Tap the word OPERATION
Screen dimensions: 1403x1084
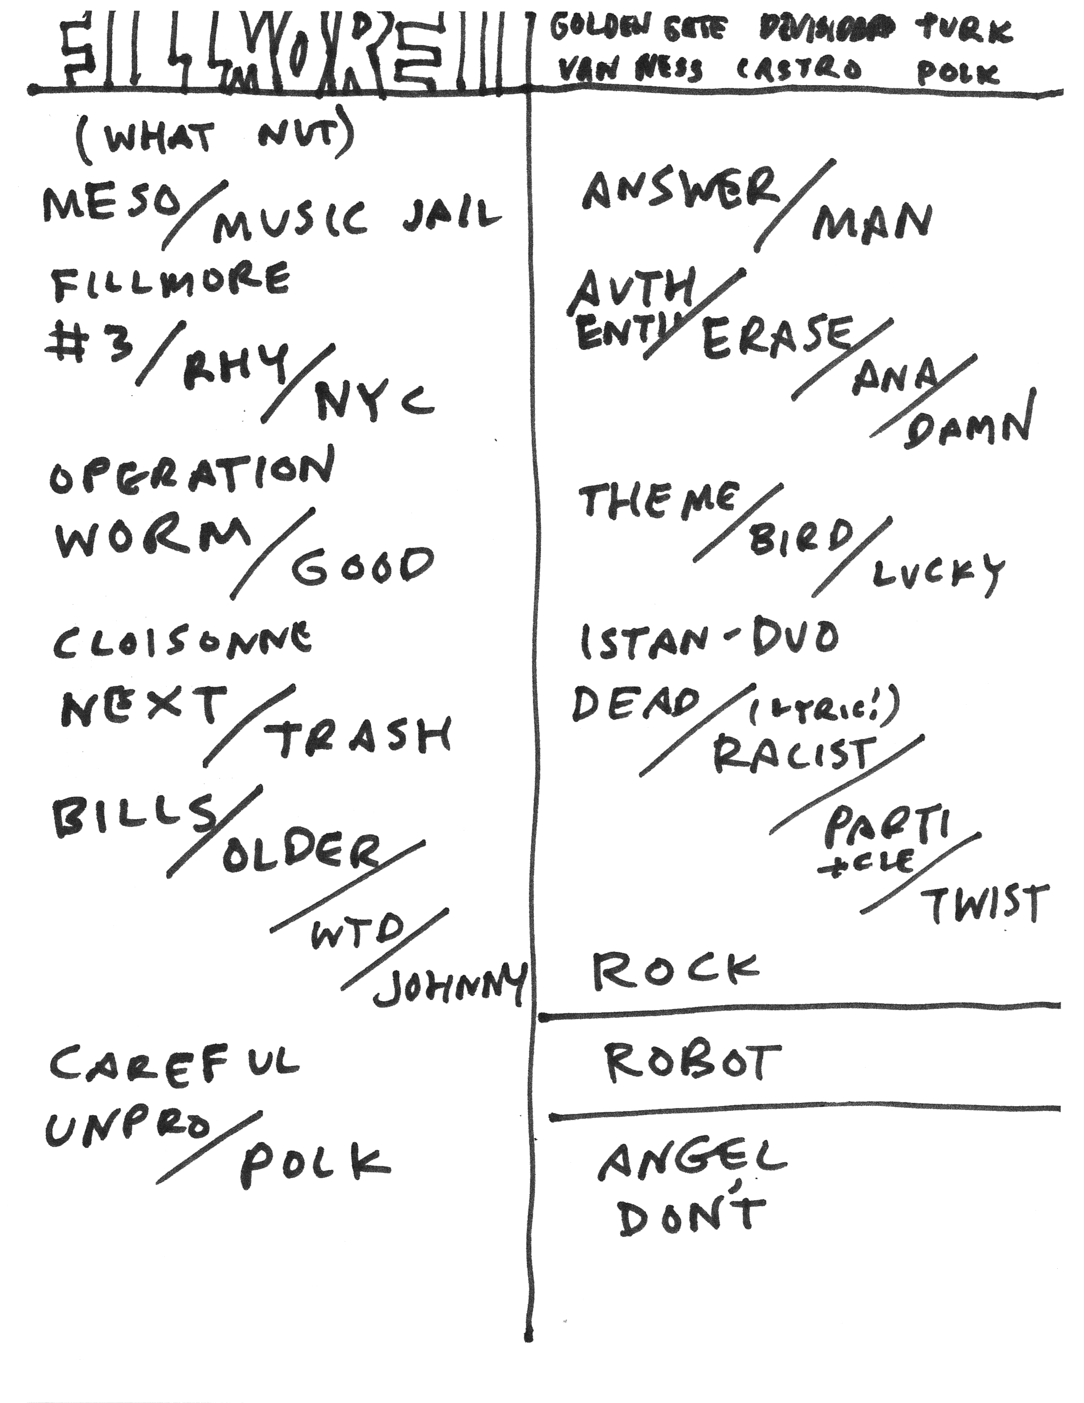point(191,475)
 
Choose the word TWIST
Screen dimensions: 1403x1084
point(984,904)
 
